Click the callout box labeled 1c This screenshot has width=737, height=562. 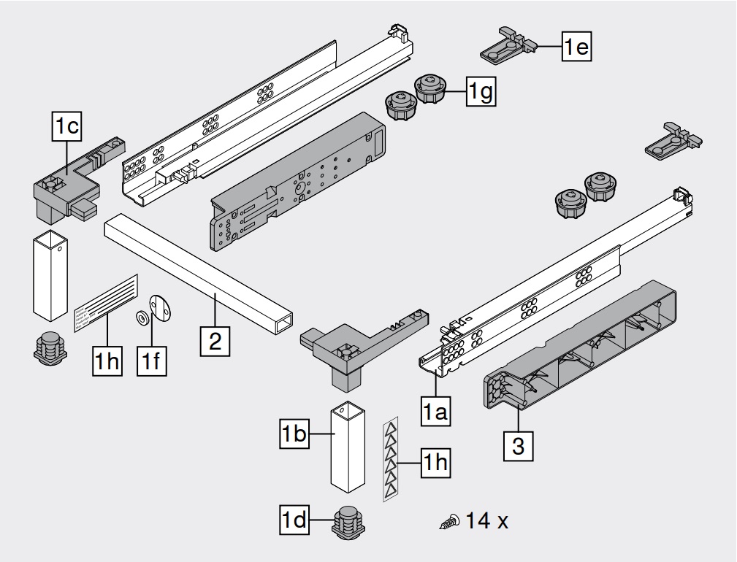pos(66,127)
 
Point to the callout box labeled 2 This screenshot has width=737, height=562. pos(215,340)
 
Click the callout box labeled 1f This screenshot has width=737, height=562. pos(152,361)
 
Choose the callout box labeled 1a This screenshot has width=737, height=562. pos(436,412)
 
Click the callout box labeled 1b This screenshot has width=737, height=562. pos(294,436)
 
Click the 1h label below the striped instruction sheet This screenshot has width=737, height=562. pos(107,361)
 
